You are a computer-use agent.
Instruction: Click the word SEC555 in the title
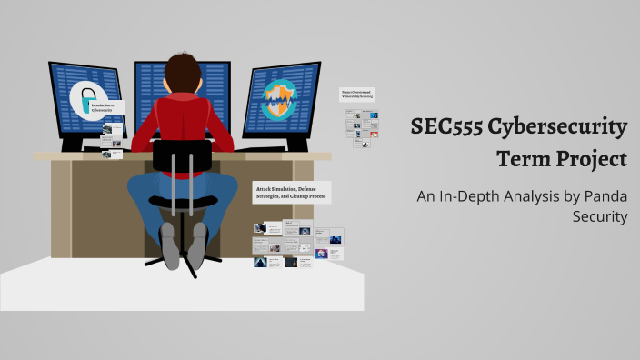pos(446,128)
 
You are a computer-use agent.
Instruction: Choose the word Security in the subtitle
pos(600,217)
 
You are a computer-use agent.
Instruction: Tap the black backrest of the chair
pos(182,155)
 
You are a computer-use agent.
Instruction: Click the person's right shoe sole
pos(197,247)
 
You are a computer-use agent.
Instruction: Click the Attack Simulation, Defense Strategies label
pos(292,192)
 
